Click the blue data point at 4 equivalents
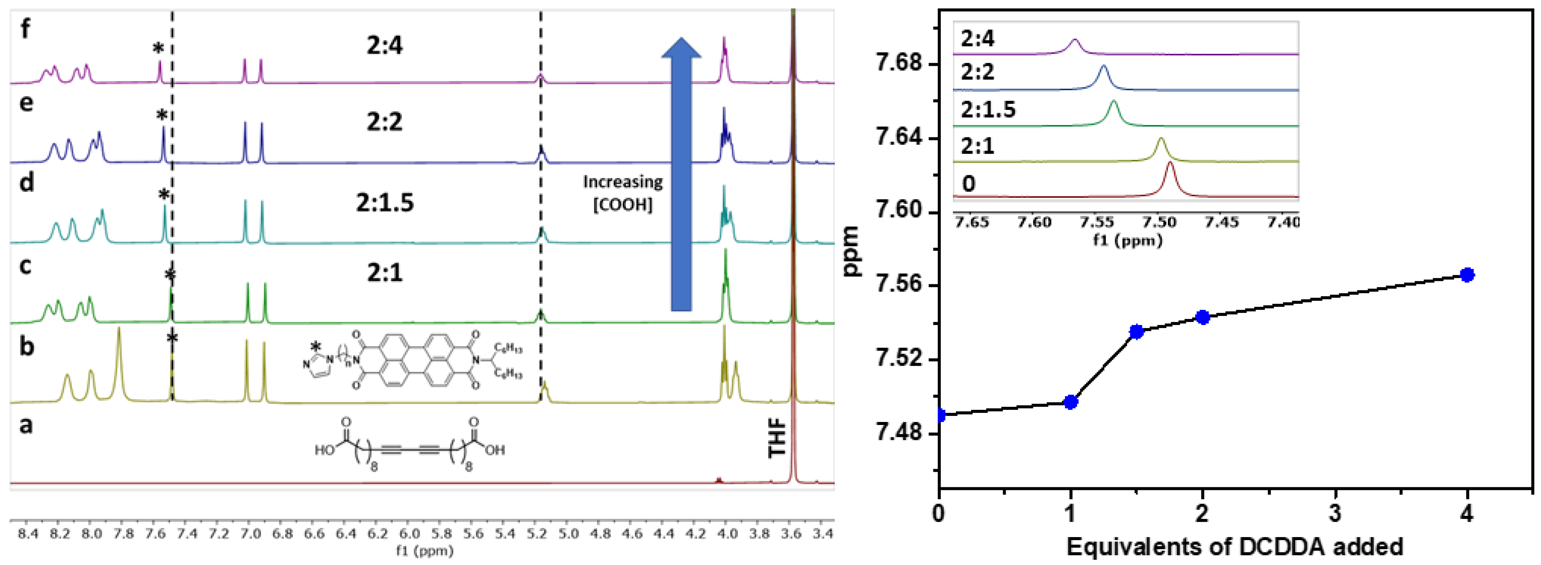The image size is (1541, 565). click(1467, 275)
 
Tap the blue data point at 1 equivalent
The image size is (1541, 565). click(1071, 402)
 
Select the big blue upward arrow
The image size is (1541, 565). click(681, 174)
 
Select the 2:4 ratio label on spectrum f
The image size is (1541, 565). click(385, 45)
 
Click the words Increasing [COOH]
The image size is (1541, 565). click(623, 193)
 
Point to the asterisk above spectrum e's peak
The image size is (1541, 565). click(161, 115)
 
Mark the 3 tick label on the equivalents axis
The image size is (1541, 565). click(1335, 514)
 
